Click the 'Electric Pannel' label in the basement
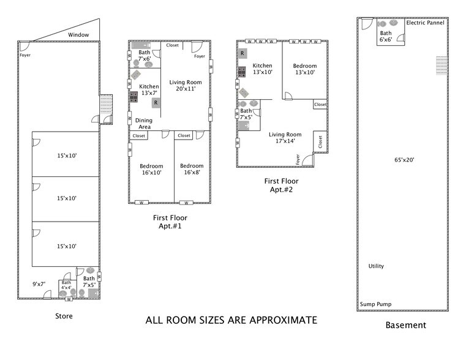[x=424, y=22]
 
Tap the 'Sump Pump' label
[x=375, y=304]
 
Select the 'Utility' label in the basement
[x=376, y=266]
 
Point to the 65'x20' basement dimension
[x=404, y=160]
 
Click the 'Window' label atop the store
[x=78, y=35]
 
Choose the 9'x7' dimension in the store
[x=39, y=283]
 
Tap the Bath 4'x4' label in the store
[x=66, y=285]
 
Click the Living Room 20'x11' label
[x=186, y=86]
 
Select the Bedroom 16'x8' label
[x=192, y=170]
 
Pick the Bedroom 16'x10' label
[x=151, y=170]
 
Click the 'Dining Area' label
[x=144, y=124]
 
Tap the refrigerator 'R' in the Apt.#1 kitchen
[x=156, y=103]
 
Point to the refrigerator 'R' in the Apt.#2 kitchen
[x=242, y=54]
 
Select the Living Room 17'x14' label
[x=285, y=138]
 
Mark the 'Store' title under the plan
[x=64, y=317]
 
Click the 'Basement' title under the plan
[x=405, y=325]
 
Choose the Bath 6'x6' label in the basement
[x=386, y=36]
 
